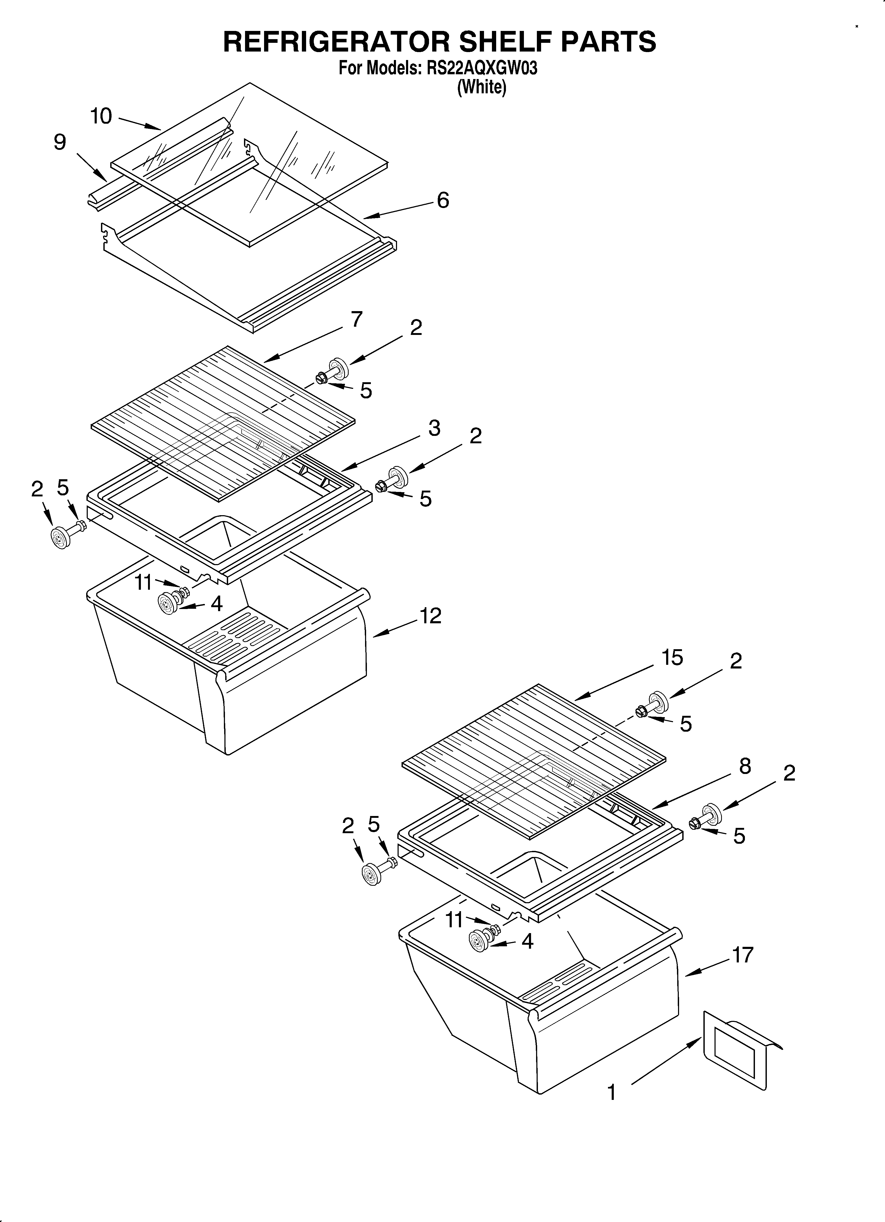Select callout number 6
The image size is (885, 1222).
[443, 200]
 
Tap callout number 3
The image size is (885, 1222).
[434, 428]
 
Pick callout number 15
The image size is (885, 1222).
[672, 658]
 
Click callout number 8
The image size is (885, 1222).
[745, 766]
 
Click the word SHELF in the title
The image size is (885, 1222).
[502, 41]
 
